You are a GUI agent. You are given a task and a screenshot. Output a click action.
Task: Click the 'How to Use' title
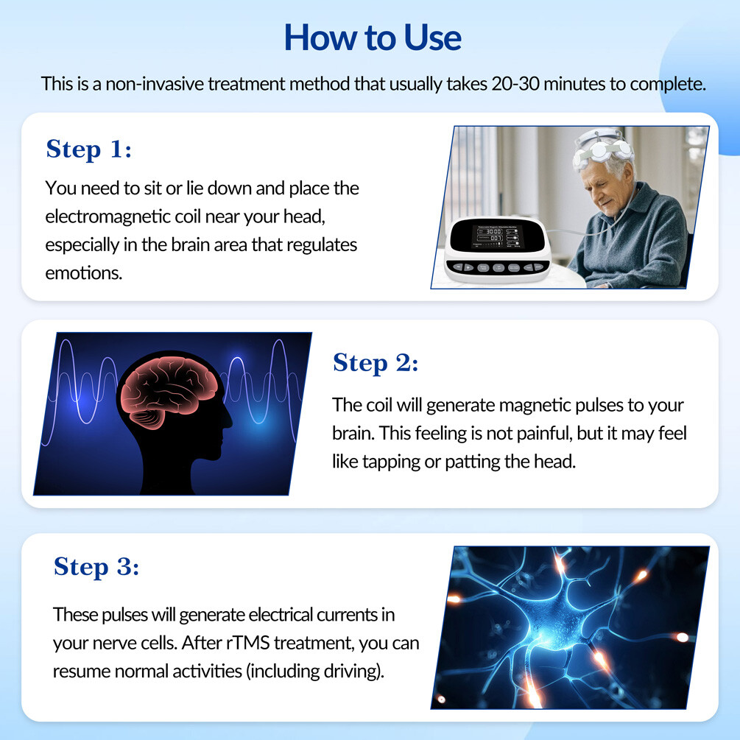[x=373, y=37]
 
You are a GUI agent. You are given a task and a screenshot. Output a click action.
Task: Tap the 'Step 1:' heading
[x=89, y=149]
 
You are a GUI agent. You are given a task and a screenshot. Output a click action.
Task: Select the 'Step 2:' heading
[x=376, y=363]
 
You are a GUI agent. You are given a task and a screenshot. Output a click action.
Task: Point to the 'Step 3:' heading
[x=96, y=567]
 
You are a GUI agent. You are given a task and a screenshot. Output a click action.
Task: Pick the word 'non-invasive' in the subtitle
[x=152, y=83]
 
